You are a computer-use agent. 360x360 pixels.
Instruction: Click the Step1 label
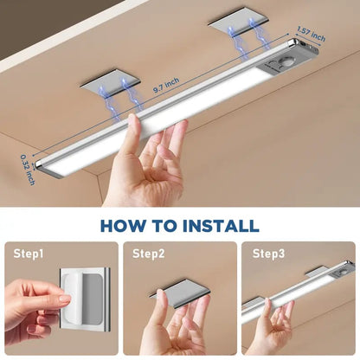tap(30, 254)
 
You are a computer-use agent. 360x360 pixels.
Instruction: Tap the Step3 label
tap(268, 254)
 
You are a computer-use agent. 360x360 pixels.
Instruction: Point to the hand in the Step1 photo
tap(35, 312)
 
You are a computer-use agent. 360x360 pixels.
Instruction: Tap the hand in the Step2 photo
tap(177, 325)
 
